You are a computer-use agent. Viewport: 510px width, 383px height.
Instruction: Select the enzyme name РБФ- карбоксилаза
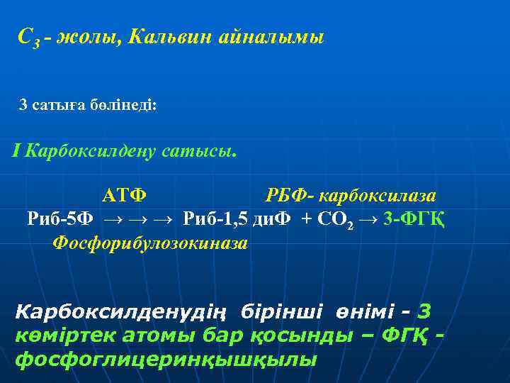pos(351,195)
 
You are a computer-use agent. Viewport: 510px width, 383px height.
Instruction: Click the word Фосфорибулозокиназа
pos(150,243)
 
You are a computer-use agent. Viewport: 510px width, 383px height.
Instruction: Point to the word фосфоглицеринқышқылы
pos(166,359)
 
